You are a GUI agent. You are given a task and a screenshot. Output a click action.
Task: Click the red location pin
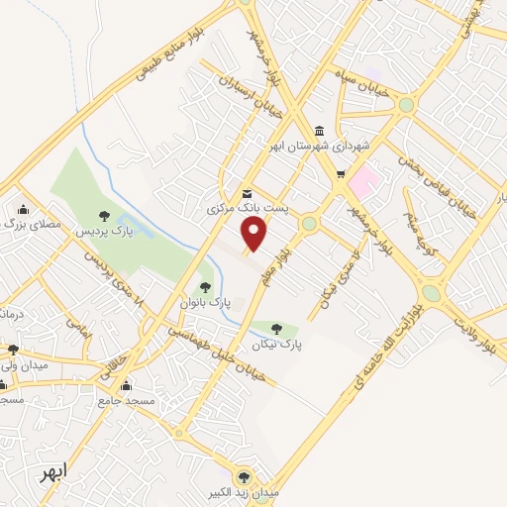coord(255,235)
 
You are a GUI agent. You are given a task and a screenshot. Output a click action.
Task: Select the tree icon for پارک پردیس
coord(105,215)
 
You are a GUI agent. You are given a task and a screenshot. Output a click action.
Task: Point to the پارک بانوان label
coord(206,301)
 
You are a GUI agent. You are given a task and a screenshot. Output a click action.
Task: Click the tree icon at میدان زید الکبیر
coord(244,476)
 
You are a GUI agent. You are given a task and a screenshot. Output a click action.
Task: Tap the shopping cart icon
coord(341,175)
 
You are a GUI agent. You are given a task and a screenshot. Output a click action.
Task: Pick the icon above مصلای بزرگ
coord(23,209)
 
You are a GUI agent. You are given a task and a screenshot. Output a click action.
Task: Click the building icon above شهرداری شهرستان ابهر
coord(319,131)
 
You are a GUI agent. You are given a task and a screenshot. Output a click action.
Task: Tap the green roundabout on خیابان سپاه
coord(406,104)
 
